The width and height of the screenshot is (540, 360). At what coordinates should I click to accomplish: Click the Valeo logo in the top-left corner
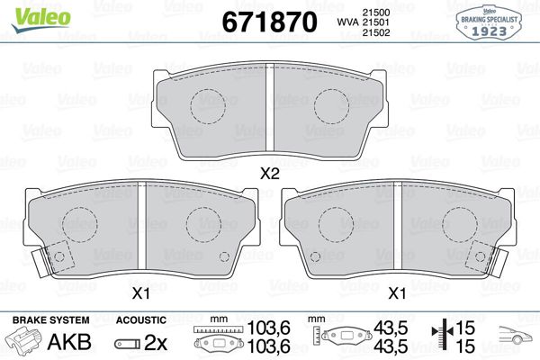tap(40, 19)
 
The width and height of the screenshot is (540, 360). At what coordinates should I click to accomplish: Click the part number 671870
tap(269, 22)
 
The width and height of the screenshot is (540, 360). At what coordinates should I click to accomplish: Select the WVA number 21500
tap(375, 13)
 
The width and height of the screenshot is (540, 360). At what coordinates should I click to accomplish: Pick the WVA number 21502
tap(375, 32)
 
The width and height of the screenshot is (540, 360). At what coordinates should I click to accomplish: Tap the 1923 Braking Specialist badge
tap(489, 22)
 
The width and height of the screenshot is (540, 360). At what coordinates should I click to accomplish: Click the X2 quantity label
tap(269, 174)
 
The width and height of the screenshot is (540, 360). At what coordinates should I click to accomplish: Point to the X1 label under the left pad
tap(141, 294)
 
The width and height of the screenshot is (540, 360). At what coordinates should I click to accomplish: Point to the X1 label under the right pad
tap(397, 294)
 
